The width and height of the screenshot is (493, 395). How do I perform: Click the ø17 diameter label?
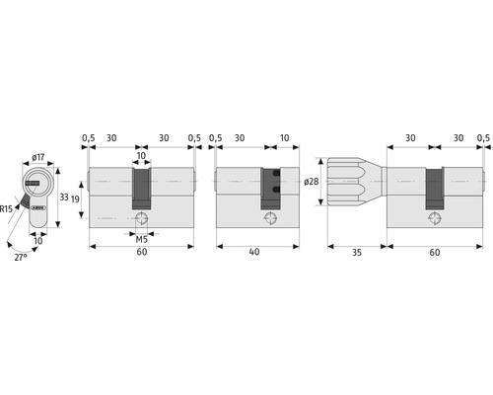36,155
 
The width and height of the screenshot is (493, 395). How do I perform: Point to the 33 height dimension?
63,197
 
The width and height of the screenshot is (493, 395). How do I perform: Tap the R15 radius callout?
7,208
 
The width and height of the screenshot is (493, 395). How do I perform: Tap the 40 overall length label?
256,252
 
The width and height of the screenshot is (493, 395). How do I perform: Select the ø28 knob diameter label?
311,182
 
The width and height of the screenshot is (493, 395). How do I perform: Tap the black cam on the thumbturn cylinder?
435,188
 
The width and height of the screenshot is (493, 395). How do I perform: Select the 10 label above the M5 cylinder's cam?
141,154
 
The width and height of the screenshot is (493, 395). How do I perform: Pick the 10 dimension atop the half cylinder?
284,137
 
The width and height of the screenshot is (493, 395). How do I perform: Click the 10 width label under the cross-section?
38,240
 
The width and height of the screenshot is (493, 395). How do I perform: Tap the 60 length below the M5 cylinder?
141,252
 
